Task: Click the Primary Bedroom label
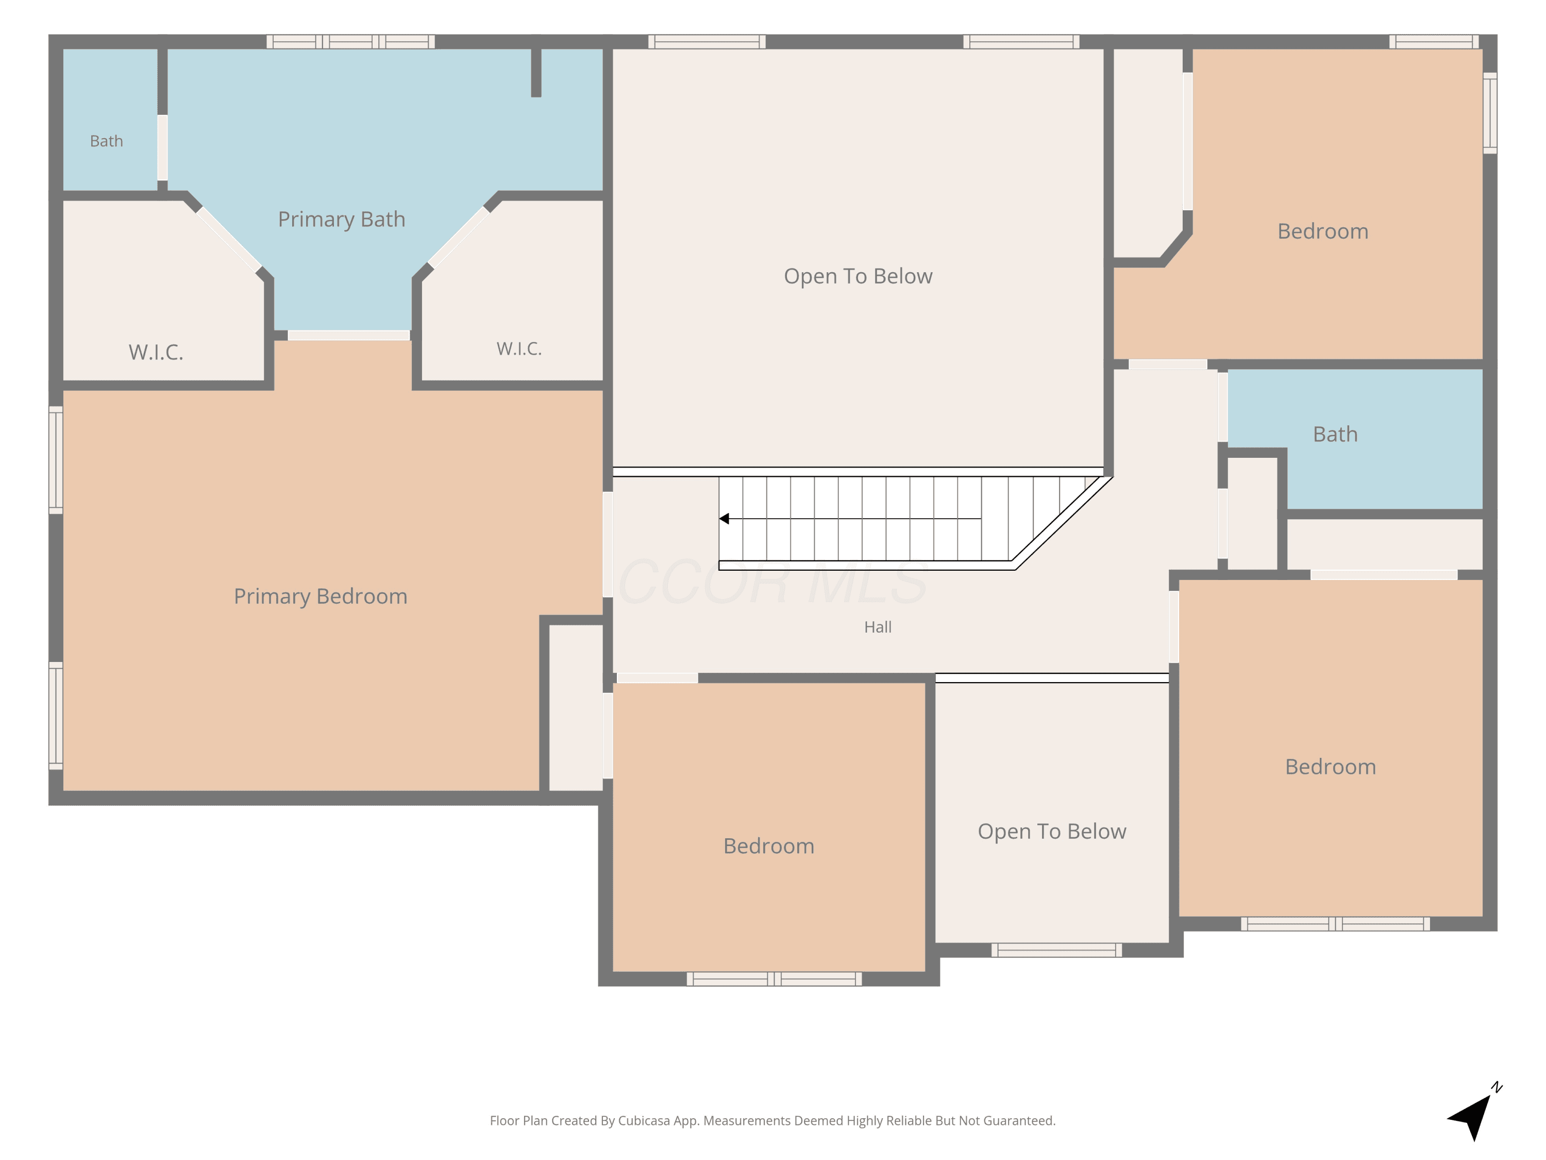click(x=320, y=596)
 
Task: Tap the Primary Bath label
click(x=342, y=220)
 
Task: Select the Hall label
click(x=878, y=627)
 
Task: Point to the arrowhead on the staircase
click(x=724, y=519)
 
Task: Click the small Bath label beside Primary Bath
click(x=106, y=141)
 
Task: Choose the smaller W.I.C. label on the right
click(x=519, y=349)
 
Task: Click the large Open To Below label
click(x=858, y=276)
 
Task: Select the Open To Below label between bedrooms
click(x=1052, y=832)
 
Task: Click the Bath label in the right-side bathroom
click(x=1335, y=434)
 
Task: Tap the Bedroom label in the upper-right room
click(x=1323, y=231)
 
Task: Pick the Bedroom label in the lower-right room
click(x=1331, y=767)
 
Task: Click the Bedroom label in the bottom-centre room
click(x=769, y=846)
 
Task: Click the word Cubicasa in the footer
click(x=644, y=1121)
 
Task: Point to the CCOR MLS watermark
click(x=772, y=582)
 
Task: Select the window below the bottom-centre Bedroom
click(x=775, y=979)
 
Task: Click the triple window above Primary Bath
click(x=351, y=42)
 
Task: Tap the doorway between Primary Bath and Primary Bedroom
click(x=349, y=336)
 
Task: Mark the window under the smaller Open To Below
click(x=1057, y=950)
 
